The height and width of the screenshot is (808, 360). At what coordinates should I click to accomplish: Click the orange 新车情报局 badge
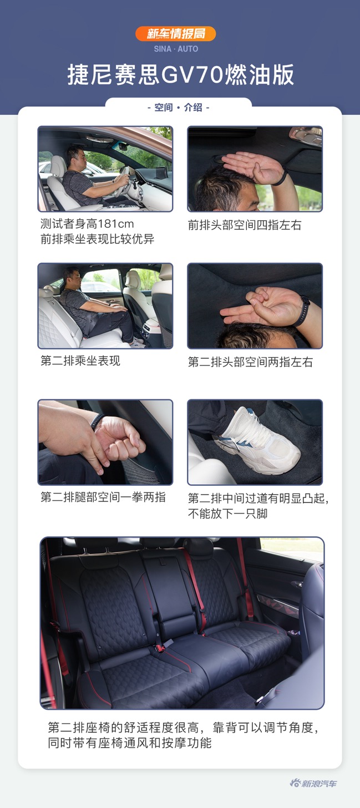pos(175,34)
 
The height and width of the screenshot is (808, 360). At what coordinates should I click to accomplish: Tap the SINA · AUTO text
pos(175,49)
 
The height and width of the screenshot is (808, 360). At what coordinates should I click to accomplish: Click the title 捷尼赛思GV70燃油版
pos(180,75)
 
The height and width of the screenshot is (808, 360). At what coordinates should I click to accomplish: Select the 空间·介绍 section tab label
pos(179,108)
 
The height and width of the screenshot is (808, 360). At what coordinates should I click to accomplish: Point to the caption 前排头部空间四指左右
pos(245,225)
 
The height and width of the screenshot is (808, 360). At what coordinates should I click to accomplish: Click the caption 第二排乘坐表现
pos(80,361)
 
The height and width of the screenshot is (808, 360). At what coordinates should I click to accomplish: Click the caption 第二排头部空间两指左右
pos(250,362)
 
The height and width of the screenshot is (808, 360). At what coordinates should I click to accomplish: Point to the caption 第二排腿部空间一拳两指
pos(103,497)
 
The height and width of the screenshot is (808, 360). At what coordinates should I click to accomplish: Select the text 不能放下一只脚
pos(227,514)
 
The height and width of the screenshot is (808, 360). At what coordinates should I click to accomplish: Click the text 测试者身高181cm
pos(87,224)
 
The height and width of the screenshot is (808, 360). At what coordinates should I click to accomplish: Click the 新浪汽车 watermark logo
pos(313,783)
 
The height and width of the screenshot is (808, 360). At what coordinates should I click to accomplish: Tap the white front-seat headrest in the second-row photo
pos(133,278)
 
